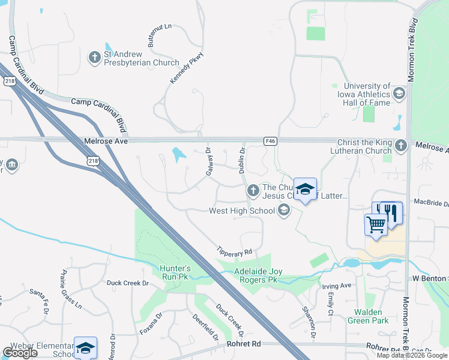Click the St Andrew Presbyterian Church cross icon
coord(94,58)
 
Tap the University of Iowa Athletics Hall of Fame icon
coord(399,92)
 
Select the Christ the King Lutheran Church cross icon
coord(401,146)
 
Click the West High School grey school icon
coord(283,211)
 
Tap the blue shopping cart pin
coord(376,225)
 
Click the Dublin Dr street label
coord(243,161)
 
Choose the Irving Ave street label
coord(337,286)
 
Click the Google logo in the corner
coord(20,353)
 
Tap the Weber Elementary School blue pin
coord(85,347)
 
